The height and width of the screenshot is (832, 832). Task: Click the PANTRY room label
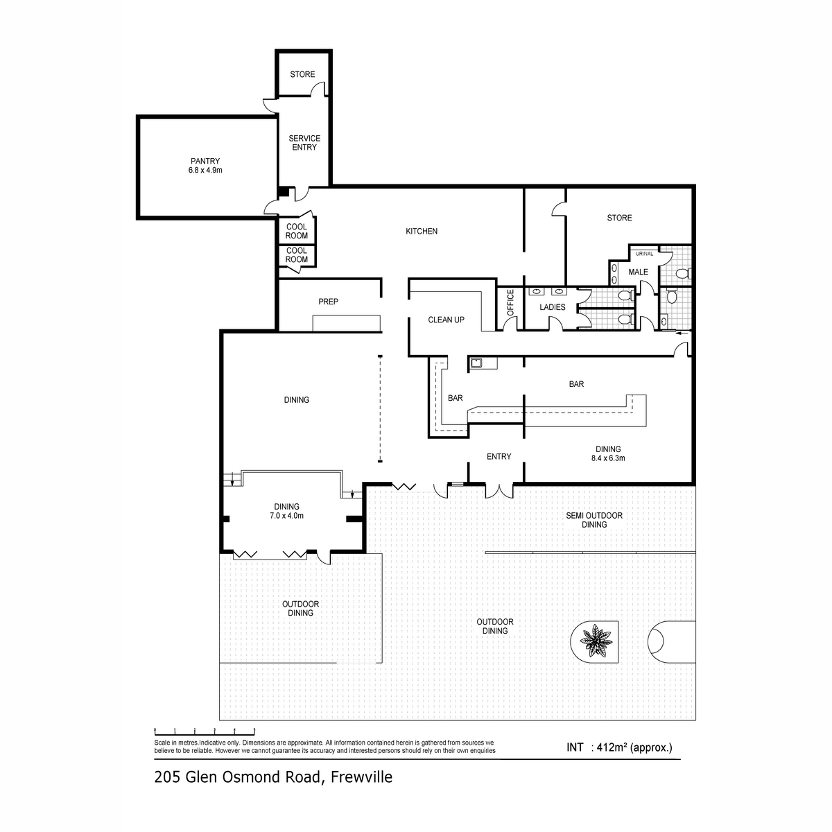205,161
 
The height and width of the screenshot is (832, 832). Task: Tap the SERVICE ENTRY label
304,143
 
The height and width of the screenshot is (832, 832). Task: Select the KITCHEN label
421,231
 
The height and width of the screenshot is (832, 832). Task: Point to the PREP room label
328,302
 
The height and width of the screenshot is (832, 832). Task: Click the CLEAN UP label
446,320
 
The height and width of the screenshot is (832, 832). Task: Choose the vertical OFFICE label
510,303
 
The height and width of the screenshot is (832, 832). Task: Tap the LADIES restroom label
552,307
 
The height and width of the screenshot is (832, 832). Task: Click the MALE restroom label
638,272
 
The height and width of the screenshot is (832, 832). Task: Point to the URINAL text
643,254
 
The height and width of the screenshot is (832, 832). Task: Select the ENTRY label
499,456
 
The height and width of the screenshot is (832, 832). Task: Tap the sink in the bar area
476,363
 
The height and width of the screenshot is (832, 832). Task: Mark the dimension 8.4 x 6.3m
607,458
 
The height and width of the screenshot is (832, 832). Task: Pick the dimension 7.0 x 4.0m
286,516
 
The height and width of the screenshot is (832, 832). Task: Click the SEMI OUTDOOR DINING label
593,520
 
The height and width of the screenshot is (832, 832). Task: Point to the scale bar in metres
205,731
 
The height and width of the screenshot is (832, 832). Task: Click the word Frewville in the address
361,777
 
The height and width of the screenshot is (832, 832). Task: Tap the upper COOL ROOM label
296,231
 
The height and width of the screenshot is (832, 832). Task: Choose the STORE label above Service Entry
302,74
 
